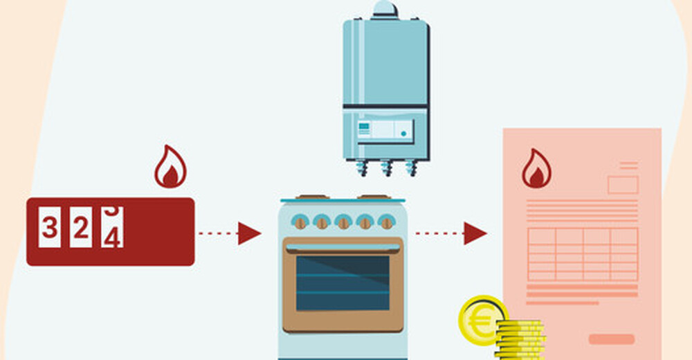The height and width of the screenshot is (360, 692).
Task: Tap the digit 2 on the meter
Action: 81,227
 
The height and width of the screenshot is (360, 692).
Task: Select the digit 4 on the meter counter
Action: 112,231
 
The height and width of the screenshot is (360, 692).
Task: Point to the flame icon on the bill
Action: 536,170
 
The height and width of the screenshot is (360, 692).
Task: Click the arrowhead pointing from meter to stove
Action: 248,233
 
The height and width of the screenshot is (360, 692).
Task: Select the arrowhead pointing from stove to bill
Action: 474,233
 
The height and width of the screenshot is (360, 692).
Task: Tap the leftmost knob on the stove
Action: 300,222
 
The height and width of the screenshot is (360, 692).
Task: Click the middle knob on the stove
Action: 343,222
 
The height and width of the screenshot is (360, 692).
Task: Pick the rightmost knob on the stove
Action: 387,222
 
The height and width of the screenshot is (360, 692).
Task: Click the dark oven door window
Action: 343,282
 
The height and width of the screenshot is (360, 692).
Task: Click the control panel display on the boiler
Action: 385,129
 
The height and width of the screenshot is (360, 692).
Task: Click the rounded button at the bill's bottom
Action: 611,339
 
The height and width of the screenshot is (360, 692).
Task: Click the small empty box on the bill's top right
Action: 622,185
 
